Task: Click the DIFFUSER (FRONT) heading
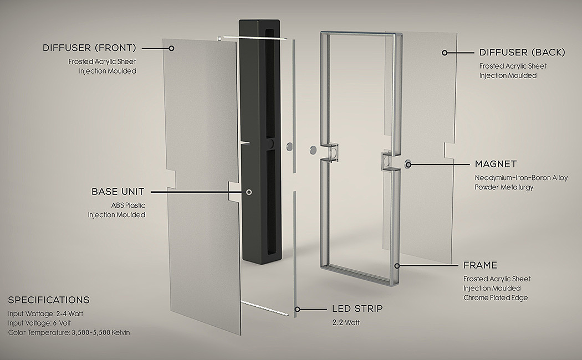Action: pyautogui.click(x=89, y=48)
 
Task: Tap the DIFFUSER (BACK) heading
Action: pyautogui.click(x=522, y=52)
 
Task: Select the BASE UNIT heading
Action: pyautogui.click(x=118, y=192)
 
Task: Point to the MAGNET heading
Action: pyautogui.click(x=496, y=164)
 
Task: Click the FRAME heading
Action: pyautogui.click(x=480, y=265)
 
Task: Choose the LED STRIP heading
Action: pyautogui.click(x=357, y=308)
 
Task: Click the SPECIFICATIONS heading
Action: pyautogui.click(x=49, y=300)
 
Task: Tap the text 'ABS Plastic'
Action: pyautogui.click(x=128, y=205)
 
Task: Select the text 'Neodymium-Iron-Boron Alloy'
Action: pyautogui.click(x=521, y=178)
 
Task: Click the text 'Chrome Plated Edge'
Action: pyautogui.click(x=496, y=297)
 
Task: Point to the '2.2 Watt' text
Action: pyautogui.click(x=346, y=322)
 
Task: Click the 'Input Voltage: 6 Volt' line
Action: pyautogui.click(x=39, y=323)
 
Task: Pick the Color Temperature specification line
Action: pyautogui.click(x=69, y=332)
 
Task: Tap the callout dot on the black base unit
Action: pyautogui.click(x=249, y=192)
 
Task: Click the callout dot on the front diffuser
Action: pyautogui.click(x=171, y=48)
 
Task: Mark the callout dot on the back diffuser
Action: pyautogui.click(x=445, y=53)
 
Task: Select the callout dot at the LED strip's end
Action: pyautogui.click(x=297, y=309)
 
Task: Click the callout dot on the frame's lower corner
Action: pyautogui.click(x=397, y=266)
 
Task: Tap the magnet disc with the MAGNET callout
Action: pyautogui.click(x=408, y=164)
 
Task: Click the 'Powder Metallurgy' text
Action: pyautogui.click(x=504, y=187)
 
